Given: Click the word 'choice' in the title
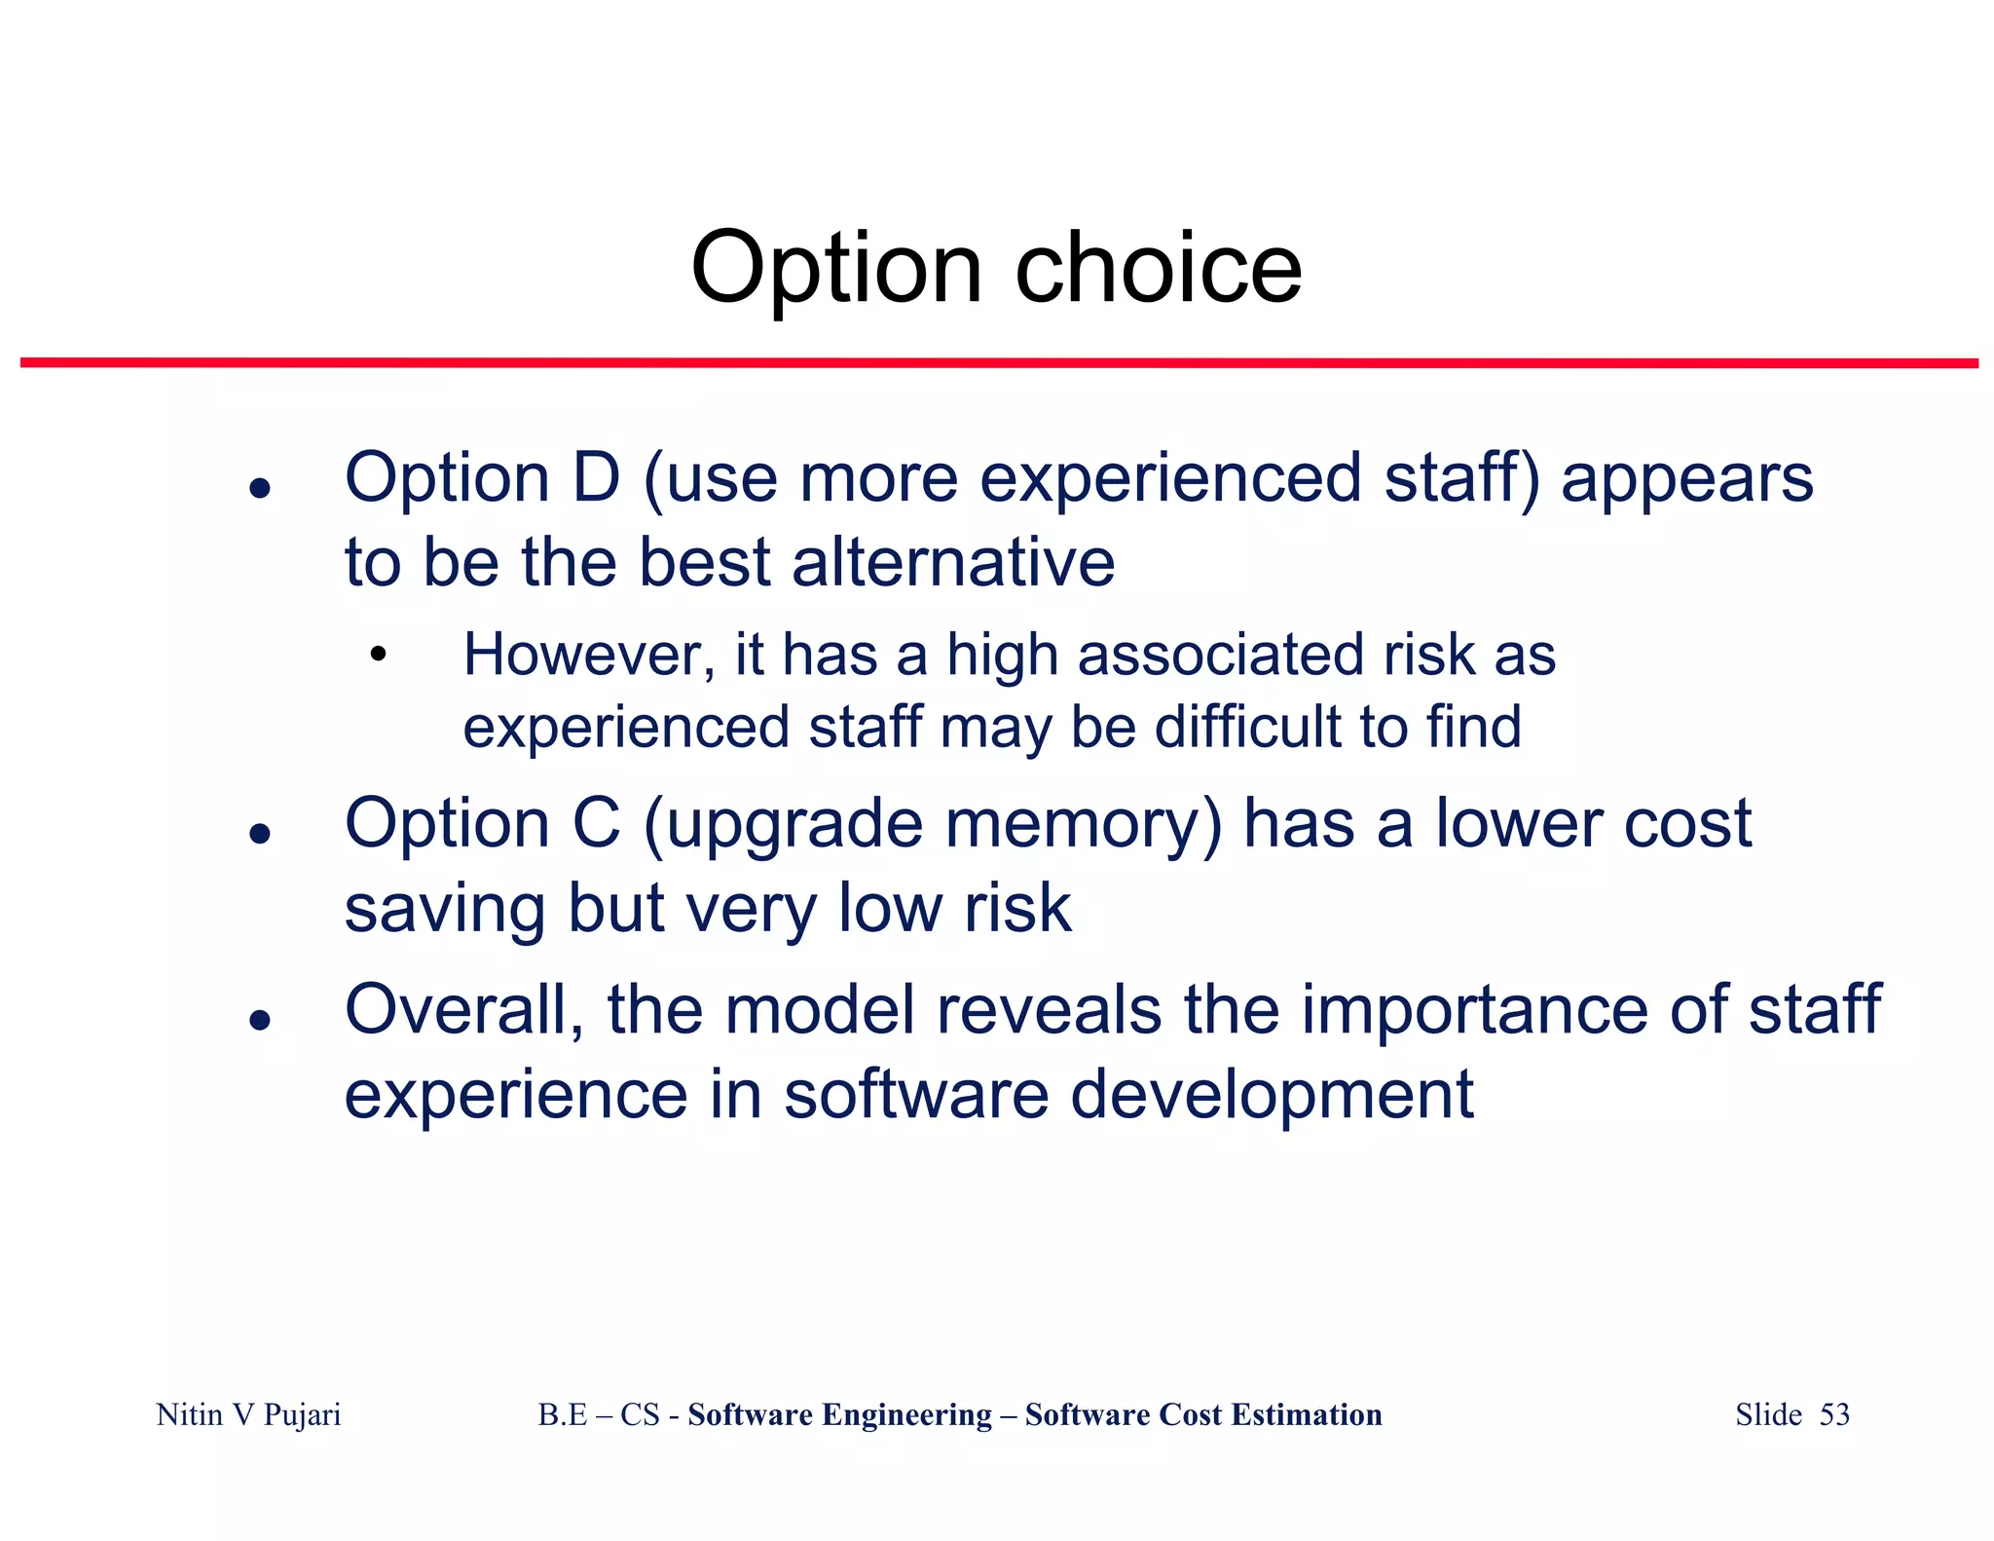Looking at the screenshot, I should click(x=1158, y=269).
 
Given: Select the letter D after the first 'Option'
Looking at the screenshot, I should click(x=595, y=478).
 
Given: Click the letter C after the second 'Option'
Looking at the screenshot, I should click(x=595, y=824).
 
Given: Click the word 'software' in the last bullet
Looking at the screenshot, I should click(x=916, y=1095).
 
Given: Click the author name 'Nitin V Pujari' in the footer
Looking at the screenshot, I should click(x=248, y=1414).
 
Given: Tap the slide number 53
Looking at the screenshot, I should click(x=1834, y=1414).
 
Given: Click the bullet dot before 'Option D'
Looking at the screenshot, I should click(x=259, y=488).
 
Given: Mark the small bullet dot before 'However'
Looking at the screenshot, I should click(x=378, y=655).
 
